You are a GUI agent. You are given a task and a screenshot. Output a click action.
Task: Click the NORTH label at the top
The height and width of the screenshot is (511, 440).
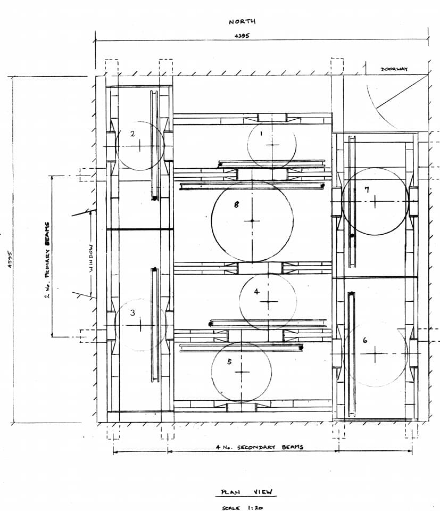(x=242, y=21)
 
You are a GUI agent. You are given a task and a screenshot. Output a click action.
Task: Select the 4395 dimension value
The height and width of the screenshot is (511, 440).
(x=242, y=36)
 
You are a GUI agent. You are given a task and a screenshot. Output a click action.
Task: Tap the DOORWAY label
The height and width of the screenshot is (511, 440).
(x=394, y=69)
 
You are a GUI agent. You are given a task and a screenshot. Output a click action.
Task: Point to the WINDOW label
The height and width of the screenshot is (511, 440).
(x=92, y=259)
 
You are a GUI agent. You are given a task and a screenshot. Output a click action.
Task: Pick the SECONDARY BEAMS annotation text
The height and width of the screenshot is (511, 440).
(x=270, y=447)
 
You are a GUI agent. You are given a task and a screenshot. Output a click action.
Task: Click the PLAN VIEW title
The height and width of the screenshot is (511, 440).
(x=246, y=492)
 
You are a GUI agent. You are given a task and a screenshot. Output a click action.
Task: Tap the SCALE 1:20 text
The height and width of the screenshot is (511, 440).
(x=242, y=508)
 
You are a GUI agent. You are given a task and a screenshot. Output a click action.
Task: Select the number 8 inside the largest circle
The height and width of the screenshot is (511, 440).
(x=236, y=204)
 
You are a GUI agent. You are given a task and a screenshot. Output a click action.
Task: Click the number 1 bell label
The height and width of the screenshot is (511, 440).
(x=261, y=133)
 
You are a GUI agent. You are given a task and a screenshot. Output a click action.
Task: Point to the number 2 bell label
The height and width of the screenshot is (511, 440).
(x=132, y=133)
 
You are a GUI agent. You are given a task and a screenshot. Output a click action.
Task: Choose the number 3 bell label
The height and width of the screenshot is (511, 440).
(x=132, y=312)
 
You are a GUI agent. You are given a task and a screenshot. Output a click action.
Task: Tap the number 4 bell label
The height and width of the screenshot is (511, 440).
(x=256, y=291)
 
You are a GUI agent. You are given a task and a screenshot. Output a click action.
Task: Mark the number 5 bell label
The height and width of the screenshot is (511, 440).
(x=230, y=361)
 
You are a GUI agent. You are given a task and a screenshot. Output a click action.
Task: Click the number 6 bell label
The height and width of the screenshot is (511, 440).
(x=365, y=340)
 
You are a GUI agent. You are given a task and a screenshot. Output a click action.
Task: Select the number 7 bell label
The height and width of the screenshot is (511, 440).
(x=367, y=189)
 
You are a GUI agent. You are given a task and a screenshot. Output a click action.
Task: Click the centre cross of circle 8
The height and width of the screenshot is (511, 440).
(x=252, y=220)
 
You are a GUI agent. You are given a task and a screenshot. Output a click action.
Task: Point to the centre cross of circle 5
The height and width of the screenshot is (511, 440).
(x=242, y=372)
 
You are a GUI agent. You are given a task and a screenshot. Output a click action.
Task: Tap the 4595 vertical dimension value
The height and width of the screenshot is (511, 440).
(x=10, y=259)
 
